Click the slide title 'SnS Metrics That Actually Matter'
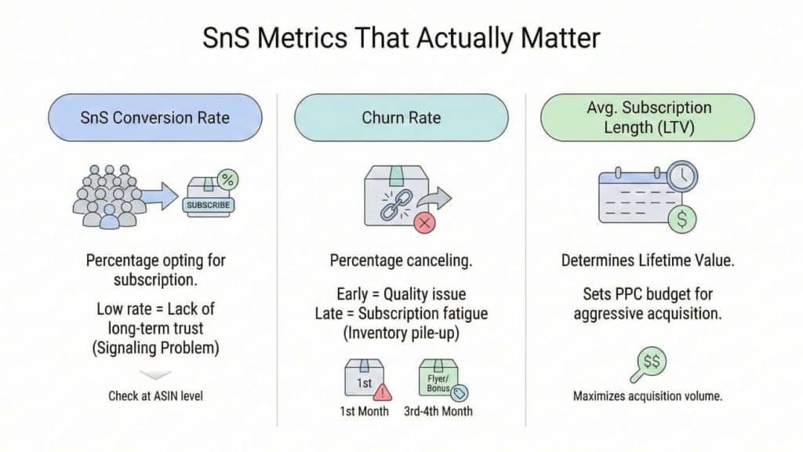coord(401,38)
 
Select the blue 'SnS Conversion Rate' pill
coord(155,118)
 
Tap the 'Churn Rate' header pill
coord(401,118)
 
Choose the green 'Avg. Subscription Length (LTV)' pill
coord(647,118)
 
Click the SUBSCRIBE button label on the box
coord(208,205)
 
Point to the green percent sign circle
coord(227,180)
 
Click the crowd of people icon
coord(107,196)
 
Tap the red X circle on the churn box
coord(424,223)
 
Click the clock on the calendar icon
coord(682,177)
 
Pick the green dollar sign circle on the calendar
coord(681,220)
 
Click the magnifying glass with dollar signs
coord(648,365)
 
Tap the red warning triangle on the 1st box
coord(382,392)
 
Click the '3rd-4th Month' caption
coord(438,411)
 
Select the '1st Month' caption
coord(364,411)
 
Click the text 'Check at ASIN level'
coord(156,395)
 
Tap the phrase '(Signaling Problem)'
coord(156,348)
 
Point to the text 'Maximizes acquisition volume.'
coord(648,395)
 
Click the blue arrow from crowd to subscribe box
coord(160,195)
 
